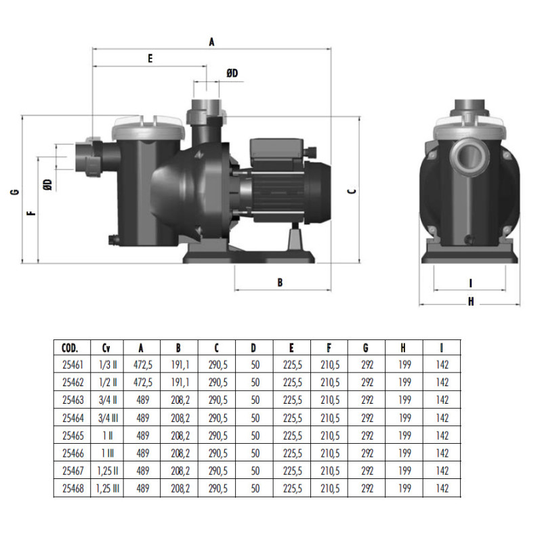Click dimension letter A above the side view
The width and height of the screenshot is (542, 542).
211,42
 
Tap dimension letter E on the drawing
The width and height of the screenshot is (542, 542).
150,59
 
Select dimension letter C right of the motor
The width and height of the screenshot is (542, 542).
351,192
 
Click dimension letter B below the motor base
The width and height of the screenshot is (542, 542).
279,283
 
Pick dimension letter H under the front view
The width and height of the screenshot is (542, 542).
470,301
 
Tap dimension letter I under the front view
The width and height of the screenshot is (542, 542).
470,283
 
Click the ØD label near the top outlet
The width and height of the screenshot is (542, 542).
232,73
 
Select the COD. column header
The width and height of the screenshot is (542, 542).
70,348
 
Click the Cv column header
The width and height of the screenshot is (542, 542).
106,348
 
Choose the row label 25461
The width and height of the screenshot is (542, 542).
70,364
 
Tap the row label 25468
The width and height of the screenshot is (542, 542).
70,488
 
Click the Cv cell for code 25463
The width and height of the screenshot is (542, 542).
106,400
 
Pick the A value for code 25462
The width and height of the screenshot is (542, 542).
142,381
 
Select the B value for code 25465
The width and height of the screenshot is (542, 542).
179,435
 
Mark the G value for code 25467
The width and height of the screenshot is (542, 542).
367,470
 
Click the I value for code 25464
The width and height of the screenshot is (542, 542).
442,417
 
